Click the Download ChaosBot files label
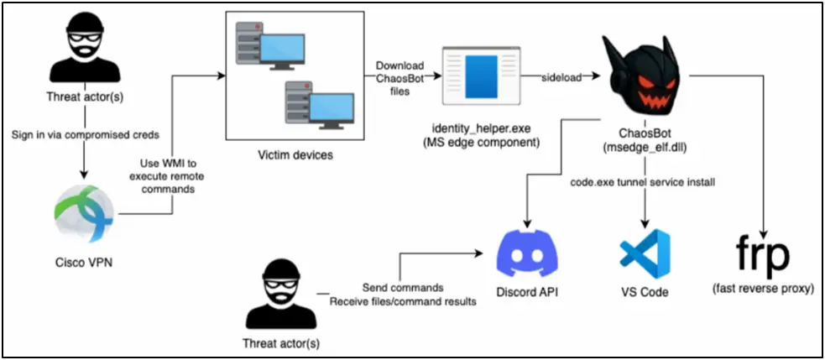pyautogui.click(x=399, y=78)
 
